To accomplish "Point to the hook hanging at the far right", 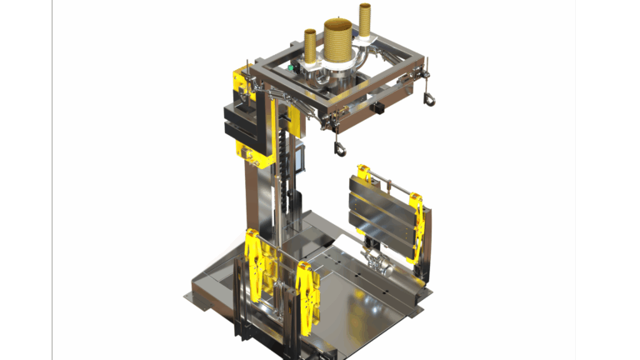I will tap(429, 99).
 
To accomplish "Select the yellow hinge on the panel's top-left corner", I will tap(363, 174).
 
